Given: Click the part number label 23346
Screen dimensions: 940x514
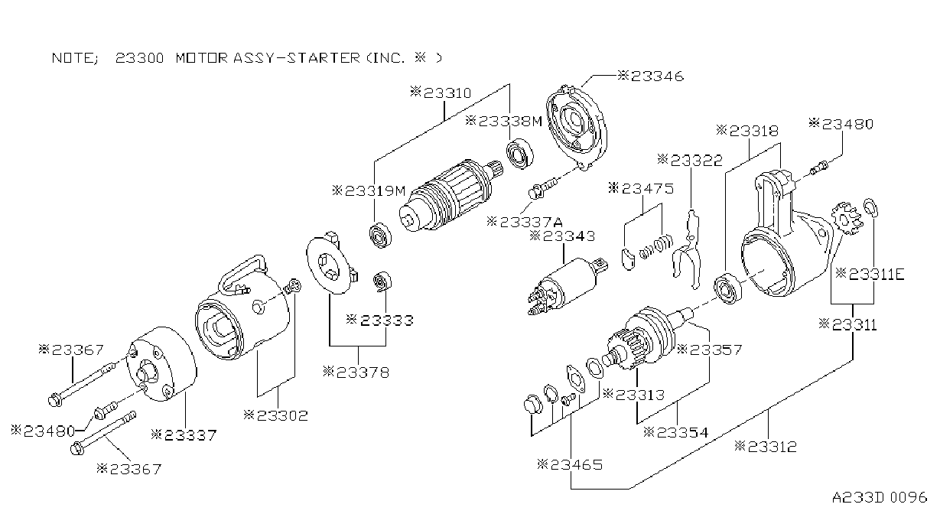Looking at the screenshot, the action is (x=651, y=76).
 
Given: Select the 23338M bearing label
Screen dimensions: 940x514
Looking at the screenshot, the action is (x=504, y=122).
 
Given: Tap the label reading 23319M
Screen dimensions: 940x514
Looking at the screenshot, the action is (x=369, y=191).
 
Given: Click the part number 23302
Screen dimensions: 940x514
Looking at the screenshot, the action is (x=275, y=415).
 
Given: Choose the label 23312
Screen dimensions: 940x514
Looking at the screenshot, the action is (x=766, y=447).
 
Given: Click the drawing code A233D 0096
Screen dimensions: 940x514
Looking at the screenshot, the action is (x=880, y=498).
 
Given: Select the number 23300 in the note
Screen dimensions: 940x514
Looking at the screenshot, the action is (x=139, y=57).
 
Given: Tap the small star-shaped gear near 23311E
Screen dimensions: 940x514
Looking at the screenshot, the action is (x=846, y=218).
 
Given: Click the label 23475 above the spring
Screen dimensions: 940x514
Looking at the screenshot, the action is (x=641, y=188).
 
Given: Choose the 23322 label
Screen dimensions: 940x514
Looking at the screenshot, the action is (x=690, y=161).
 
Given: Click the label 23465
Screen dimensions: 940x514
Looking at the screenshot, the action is (x=570, y=465).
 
